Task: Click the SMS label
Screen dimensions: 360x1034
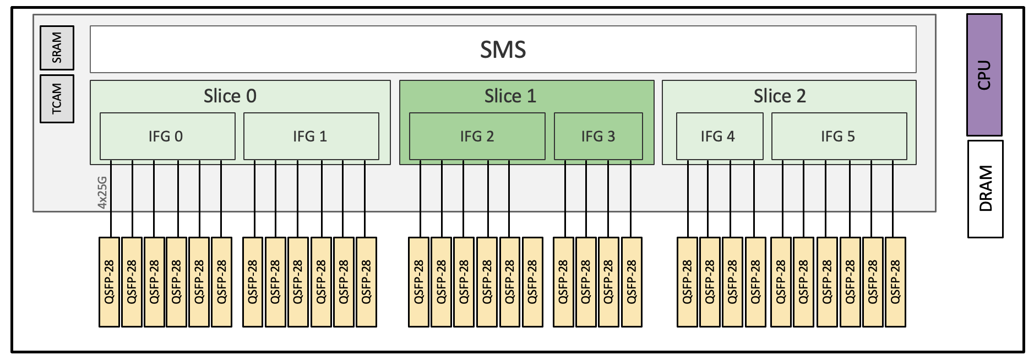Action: coord(503,50)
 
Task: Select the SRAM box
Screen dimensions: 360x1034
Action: coord(57,48)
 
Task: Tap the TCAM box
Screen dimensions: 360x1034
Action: coord(57,99)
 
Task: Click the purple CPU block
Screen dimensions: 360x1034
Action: coord(984,75)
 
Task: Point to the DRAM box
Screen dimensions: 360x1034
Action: coord(985,189)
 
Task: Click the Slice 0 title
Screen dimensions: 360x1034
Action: coord(230,96)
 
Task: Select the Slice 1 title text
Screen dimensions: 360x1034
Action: coord(510,96)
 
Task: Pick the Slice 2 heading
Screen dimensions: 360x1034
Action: coord(779,96)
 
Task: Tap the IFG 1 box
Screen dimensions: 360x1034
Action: coord(311,136)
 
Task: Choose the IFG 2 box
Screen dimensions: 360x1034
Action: coord(477,136)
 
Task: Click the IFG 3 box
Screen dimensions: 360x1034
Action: coord(598,136)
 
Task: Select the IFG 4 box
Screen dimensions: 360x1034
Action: coord(719,136)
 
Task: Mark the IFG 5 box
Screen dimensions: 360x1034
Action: coord(838,136)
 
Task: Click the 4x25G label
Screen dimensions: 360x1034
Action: coord(102,192)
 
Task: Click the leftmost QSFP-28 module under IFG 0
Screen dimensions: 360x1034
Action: coord(109,282)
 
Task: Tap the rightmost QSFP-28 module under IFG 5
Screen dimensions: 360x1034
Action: coord(895,282)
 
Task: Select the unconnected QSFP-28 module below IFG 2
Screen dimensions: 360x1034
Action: coord(532,282)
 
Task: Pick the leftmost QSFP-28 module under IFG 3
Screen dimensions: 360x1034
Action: coord(563,282)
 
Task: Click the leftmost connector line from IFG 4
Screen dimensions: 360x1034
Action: coord(688,198)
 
